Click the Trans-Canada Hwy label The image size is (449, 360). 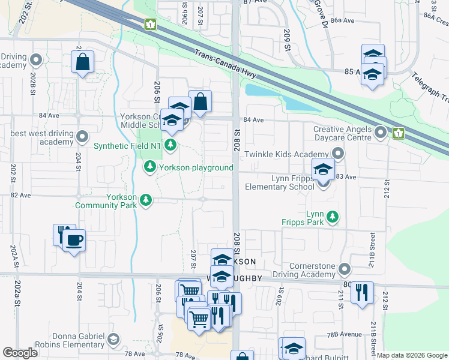click(x=226, y=64)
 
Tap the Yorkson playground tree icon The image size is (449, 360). click(x=149, y=167)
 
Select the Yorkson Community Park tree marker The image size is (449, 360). click(x=145, y=200)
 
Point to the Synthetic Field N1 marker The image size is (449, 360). click(x=171, y=145)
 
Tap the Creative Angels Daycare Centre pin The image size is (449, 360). click(x=380, y=131)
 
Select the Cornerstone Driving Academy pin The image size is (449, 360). click(x=344, y=268)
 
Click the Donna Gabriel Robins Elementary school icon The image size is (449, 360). click(x=112, y=340)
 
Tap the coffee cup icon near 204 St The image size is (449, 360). click(x=74, y=241)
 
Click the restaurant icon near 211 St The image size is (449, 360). click(x=362, y=293)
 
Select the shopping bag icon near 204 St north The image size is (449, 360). click(x=82, y=61)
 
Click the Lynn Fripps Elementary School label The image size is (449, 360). click(x=279, y=187)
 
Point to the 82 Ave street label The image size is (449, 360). click(x=20, y=196)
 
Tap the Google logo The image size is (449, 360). click(x=20, y=353)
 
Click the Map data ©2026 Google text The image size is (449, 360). click(x=412, y=355)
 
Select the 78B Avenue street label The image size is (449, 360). click(x=345, y=334)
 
